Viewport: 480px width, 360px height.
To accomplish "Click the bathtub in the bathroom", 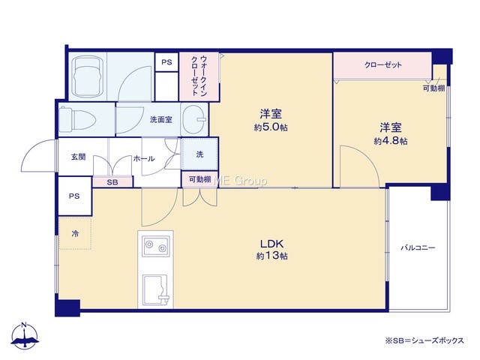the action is point(87,76).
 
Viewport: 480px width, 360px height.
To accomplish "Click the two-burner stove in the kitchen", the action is point(155,246).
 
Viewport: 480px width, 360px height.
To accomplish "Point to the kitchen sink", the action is point(155,290).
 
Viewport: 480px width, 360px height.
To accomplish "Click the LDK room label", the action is point(271,244).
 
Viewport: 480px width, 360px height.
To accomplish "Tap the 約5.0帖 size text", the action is point(271,127).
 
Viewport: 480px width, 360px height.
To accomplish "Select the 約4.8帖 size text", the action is point(390,141).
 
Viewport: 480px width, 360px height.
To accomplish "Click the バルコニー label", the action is point(418,247).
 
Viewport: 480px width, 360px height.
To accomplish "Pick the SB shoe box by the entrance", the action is point(112,182).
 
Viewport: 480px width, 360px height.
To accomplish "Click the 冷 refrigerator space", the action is point(75,233).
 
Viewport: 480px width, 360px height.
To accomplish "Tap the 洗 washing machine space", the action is point(200,154).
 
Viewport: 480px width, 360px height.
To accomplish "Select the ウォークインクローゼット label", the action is point(199,76).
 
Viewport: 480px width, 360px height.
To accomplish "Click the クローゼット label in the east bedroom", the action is point(383,64).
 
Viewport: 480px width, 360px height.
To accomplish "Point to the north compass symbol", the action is point(25,335).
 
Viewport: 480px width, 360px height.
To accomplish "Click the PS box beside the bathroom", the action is point(166,62).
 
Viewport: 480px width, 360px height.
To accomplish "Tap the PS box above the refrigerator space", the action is point(74,196).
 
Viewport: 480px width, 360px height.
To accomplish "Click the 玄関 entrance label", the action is point(78,157).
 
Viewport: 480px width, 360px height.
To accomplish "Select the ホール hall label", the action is point(144,158).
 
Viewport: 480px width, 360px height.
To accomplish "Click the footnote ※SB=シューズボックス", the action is point(424,340).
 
